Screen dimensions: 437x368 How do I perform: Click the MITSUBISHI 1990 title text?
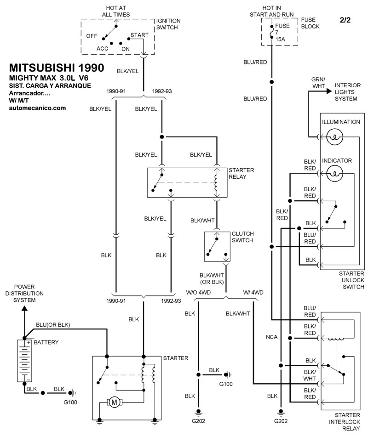click(x=57, y=67)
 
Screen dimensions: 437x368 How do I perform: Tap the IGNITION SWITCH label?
click(x=168, y=24)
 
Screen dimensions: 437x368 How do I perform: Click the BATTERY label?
click(x=47, y=343)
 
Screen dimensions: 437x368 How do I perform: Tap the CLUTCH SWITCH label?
click(x=242, y=237)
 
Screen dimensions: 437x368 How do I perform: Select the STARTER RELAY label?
click(x=241, y=174)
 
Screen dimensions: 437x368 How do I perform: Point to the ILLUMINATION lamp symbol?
click(x=337, y=136)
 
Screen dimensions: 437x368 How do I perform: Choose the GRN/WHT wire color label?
click(x=318, y=82)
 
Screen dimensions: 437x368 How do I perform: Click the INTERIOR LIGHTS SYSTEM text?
click(x=348, y=92)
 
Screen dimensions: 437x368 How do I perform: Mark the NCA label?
click(x=271, y=337)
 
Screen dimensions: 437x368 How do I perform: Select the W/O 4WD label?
click(x=198, y=293)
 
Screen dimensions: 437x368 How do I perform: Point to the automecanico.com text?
click(x=37, y=108)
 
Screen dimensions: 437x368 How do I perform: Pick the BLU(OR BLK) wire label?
click(x=53, y=324)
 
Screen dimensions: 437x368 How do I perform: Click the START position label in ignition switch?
click(x=139, y=35)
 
